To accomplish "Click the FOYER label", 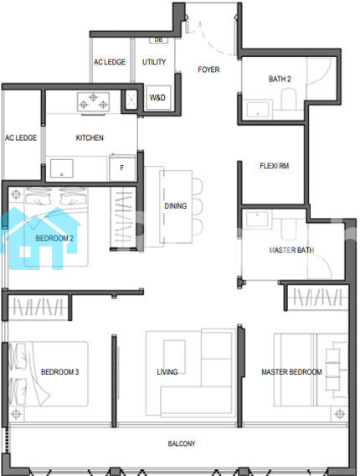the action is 208,70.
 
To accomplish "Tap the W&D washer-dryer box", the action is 158,97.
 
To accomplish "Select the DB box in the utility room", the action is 158,40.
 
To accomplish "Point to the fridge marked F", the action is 122,168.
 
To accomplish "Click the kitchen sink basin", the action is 62,168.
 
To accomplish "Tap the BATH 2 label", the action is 280,79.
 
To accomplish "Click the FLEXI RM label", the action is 274,166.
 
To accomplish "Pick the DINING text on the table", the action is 175,206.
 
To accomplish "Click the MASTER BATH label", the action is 291,250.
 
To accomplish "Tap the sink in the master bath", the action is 257,219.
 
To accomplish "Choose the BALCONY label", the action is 182,443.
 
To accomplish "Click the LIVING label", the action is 167,372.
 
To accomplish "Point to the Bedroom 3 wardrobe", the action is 38,307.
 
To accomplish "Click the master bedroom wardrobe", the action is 317,297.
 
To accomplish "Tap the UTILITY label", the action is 154,62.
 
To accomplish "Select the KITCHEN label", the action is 90,137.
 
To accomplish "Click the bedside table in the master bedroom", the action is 339,413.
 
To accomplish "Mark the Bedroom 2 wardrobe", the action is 122,218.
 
